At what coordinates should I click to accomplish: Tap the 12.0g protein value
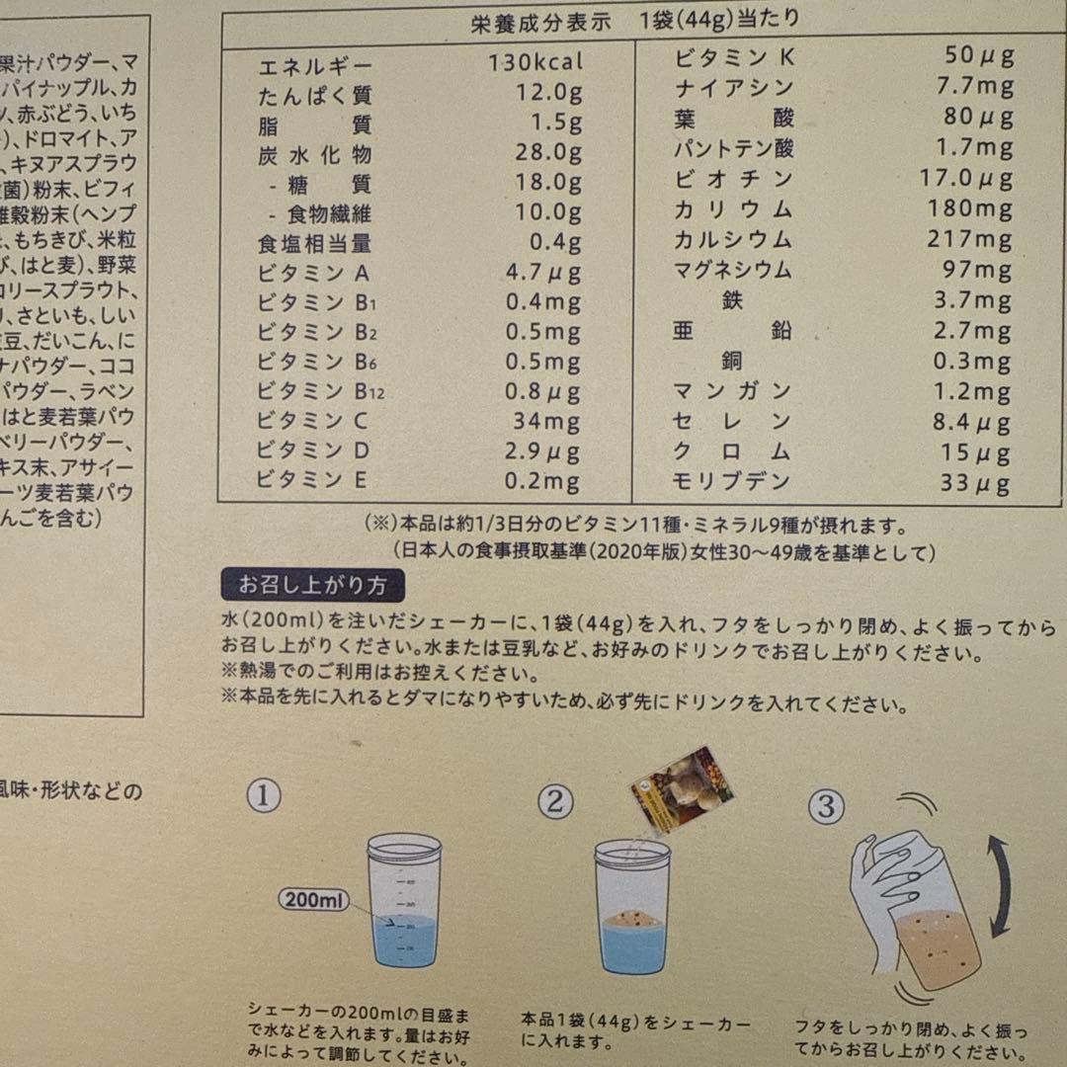point(548,94)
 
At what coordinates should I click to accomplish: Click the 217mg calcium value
point(969,239)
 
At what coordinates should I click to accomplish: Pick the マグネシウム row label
point(732,269)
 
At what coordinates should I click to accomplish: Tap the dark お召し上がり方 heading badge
point(312,586)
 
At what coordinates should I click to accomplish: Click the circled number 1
point(263,795)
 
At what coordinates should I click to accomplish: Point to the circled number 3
point(826,807)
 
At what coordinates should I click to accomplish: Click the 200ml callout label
point(313,900)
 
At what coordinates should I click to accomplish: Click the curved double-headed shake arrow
point(1000,885)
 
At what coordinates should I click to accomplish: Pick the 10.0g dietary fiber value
point(548,212)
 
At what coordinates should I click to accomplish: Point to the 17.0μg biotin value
point(969,179)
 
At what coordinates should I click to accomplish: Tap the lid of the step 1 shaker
point(404,848)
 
